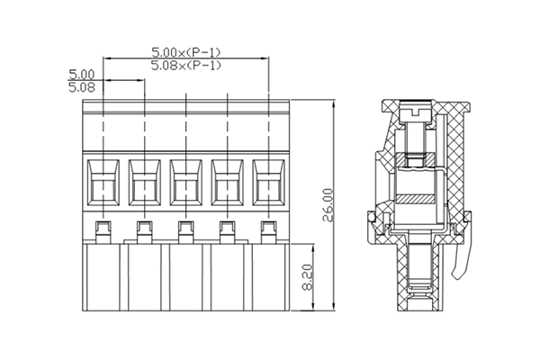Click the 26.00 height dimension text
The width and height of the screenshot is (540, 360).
point(328,205)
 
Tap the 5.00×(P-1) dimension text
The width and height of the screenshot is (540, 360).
point(186,52)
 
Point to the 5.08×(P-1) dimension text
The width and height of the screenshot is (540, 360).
point(186,66)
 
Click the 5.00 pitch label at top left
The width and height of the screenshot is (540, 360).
point(82,74)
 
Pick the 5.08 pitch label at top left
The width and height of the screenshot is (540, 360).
point(82,87)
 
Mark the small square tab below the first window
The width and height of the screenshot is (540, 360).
point(103,227)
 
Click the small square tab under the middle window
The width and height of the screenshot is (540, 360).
point(186,227)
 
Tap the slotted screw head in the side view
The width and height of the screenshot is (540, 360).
point(416,109)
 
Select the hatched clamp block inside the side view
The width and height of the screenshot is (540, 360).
point(416,198)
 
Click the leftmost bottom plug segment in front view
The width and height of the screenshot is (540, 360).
point(103,279)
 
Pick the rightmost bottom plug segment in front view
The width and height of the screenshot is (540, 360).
point(269,279)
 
